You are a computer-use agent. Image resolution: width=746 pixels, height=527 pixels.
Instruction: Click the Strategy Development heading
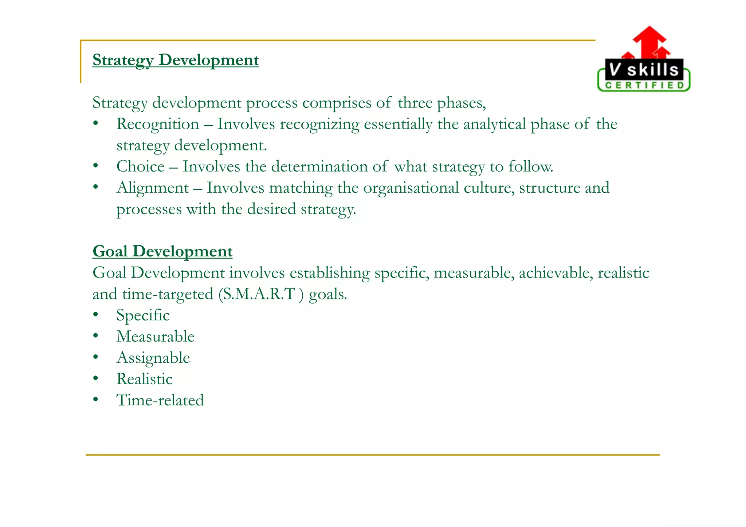pyautogui.click(x=175, y=60)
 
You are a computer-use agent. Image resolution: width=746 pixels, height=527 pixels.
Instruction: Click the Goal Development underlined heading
pyautogui.click(x=162, y=251)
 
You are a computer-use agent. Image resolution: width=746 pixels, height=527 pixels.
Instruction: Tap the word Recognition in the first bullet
pyautogui.click(x=157, y=124)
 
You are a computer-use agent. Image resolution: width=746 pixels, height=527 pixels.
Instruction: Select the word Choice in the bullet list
pyautogui.click(x=140, y=167)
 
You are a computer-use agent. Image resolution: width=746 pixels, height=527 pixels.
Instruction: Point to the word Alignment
pyautogui.click(x=153, y=188)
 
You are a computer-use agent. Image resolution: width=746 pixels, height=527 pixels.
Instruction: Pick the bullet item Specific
pyautogui.click(x=143, y=315)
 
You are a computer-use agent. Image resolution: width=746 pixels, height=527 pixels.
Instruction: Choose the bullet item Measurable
pyautogui.click(x=155, y=337)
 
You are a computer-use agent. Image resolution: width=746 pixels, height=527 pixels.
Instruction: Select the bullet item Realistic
pyautogui.click(x=144, y=379)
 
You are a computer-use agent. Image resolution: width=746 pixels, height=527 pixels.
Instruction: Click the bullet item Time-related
pyautogui.click(x=160, y=400)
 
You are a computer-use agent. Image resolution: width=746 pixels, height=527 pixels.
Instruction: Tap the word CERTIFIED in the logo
pyautogui.click(x=644, y=85)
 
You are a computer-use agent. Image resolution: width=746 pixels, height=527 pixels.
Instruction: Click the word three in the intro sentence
pyautogui.click(x=415, y=103)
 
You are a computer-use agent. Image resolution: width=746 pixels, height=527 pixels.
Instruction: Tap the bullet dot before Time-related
pyautogui.click(x=95, y=400)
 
